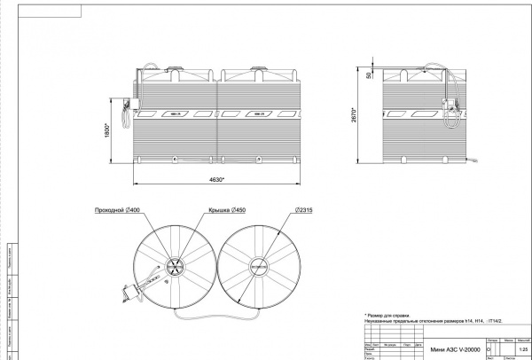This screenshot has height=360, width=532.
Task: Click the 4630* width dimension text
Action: pos(216,180)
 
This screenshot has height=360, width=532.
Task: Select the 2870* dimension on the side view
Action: pos(356,115)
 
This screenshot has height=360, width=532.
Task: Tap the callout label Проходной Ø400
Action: pos(114,210)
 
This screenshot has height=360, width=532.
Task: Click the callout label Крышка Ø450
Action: pos(225,210)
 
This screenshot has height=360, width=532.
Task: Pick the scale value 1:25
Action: pos(512,349)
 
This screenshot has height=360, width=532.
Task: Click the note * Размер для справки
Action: pos(391,315)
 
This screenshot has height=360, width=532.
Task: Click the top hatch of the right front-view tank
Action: pos(259,68)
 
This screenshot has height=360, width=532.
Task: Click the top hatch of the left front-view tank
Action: pos(175,68)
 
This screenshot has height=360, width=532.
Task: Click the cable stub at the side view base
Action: pos(475,160)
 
